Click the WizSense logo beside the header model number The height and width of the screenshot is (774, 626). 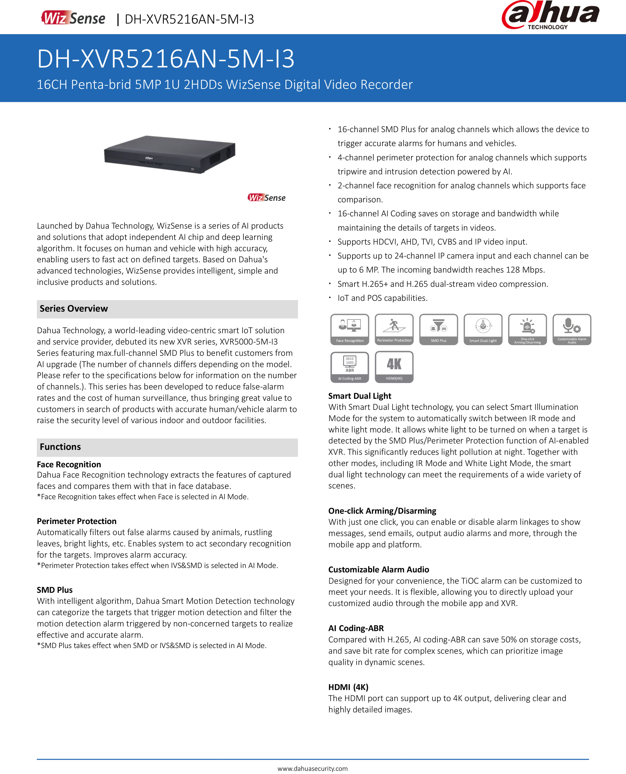(x=73, y=18)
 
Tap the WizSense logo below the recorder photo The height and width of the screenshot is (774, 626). (x=266, y=198)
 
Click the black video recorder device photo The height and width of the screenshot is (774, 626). (x=169, y=154)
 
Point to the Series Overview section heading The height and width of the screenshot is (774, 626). (x=74, y=309)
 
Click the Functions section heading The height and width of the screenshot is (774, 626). (x=60, y=447)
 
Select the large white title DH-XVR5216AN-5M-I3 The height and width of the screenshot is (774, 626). (x=166, y=59)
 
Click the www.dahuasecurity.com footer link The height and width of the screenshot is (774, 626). (x=313, y=768)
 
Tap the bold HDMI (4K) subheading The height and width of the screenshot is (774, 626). (x=348, y=687)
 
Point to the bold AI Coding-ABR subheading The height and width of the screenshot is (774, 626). (x=356, y=628)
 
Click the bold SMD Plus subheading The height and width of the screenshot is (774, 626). (x=55, y=590)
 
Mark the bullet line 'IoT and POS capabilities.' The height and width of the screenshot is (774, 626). (x=382, y=298)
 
